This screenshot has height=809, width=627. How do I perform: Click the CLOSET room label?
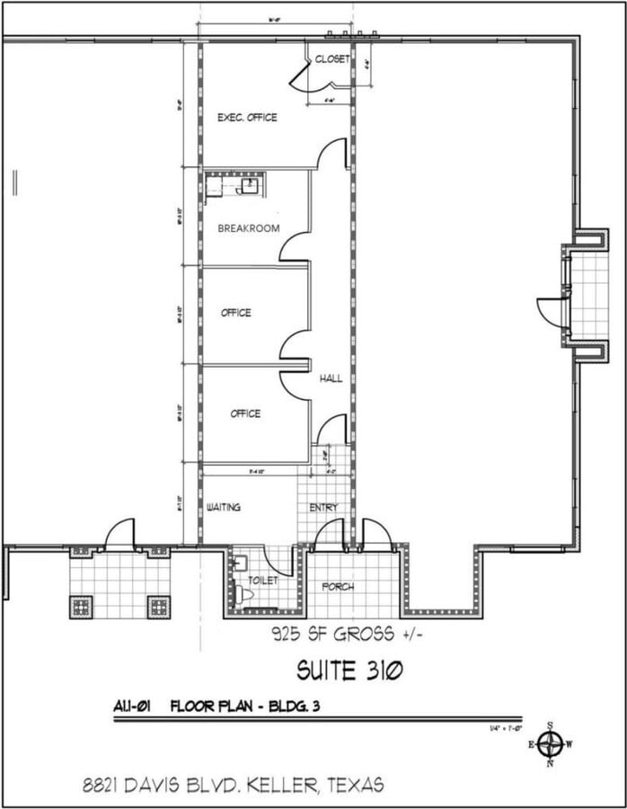(x=332, y=59)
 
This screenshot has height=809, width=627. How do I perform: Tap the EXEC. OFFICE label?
(x=247, y=118)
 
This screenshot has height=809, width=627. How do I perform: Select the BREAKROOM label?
(x=248, y=228)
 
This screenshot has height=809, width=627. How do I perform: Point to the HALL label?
(x=331, y=379)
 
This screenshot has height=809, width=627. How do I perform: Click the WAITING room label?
(x=224, y=508)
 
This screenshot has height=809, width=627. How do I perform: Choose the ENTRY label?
(x=323, y=508)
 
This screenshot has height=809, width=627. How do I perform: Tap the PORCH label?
(x=338, y=587)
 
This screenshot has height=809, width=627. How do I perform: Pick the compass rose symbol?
(x=551, y=744)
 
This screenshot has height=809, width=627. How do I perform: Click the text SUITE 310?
(x=349, y=670)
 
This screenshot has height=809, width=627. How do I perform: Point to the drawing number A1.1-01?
(x=137, y=706)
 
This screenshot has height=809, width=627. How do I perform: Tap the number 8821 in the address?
(x=97, y=785)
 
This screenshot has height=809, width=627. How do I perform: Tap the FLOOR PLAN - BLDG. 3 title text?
(x=245, y=706)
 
